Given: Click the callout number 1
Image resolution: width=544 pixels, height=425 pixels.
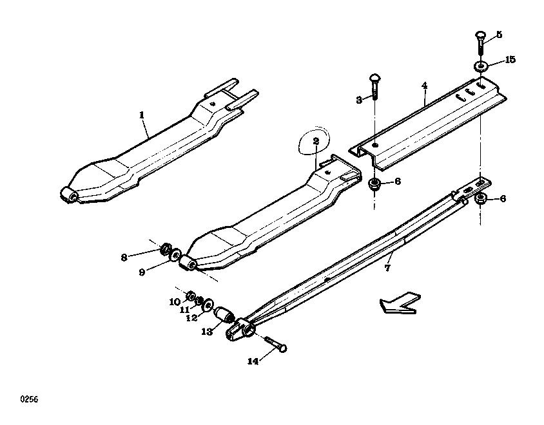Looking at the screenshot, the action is coord(142,115).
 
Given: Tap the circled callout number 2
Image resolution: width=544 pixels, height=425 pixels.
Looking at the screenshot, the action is coord(316,141).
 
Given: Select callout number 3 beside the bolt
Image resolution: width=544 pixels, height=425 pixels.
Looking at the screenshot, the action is coord(359,100).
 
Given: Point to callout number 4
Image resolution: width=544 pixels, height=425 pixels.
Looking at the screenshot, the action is coord(425,86).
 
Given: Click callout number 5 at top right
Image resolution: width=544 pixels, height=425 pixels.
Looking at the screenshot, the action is coord(499,34).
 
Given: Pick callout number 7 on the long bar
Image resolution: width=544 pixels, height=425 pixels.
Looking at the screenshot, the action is coord(387,268).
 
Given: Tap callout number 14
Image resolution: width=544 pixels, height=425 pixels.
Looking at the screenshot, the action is coord(253,361).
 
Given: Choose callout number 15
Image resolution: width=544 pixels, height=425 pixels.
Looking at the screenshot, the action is coord(510,60).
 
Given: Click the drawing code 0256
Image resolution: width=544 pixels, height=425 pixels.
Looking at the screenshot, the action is coord(29,399).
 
